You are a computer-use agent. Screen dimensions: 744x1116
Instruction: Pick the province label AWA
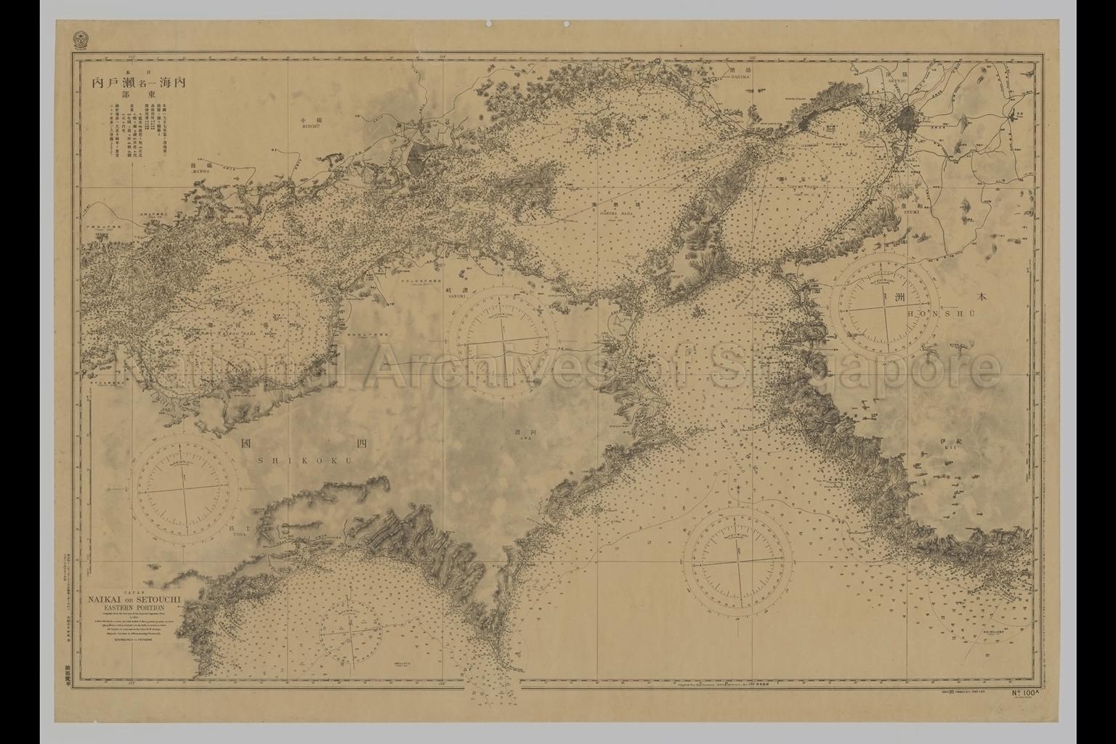tap(519, 437)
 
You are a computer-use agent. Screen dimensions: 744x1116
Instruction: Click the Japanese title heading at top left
tap(138, 84)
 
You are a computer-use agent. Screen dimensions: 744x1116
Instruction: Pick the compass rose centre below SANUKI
tap(504, 339)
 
